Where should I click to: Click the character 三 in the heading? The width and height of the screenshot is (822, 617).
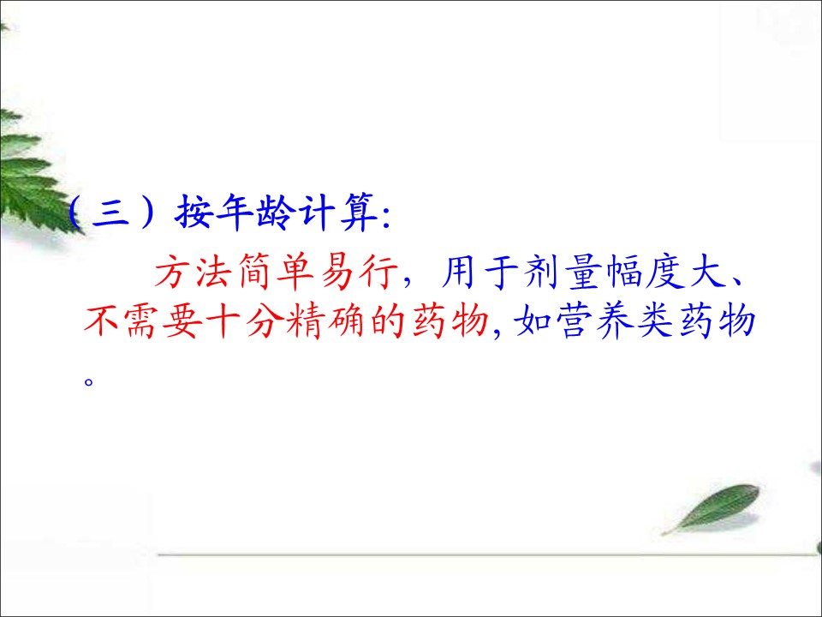click(110, 213)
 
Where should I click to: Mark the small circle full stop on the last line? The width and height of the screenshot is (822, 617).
click(88, 380)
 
